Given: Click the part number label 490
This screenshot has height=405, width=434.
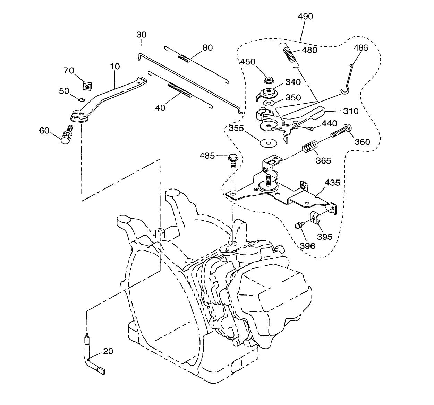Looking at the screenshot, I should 305,16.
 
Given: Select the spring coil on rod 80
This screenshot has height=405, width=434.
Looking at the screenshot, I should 184,58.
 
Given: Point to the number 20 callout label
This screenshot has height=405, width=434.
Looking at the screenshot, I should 108,351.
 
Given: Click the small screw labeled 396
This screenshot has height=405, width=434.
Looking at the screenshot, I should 298,226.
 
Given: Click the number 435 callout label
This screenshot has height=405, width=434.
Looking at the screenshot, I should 332,183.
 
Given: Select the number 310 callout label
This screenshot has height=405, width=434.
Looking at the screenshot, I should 351,111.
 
